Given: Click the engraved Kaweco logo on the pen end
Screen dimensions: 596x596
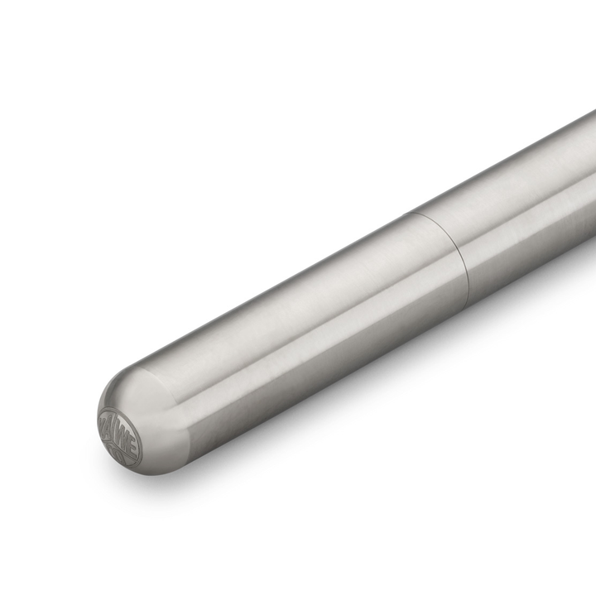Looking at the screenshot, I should pyautogui.click(x=120, y=436).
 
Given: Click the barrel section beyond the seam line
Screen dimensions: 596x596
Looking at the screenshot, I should pyautogui.click(x=530, y=199).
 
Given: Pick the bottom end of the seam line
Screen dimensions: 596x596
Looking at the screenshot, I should pyautogui.click(x=469, y=299).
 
